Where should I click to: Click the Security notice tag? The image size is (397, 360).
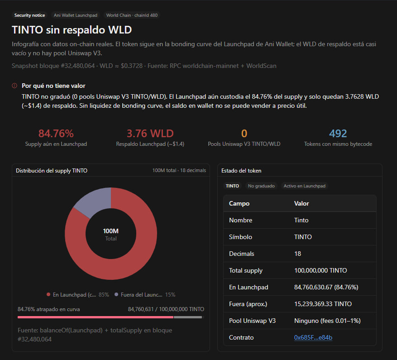(x=29, y=15)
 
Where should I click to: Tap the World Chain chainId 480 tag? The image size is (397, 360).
(x=132, y=15)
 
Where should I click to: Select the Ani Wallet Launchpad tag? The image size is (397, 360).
(x=76, y=15)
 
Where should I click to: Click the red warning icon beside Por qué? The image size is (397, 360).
(x=14, y=86)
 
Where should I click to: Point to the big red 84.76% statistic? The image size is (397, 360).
(x=56, y=134)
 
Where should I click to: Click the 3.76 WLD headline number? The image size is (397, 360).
(x=150, y=134)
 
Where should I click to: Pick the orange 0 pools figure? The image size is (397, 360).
(x=244, y=134)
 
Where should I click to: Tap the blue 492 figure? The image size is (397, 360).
(x=338, y=134)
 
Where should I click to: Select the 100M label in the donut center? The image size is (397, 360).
(x=110, y=231)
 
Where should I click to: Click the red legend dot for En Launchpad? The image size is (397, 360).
(x=48, y=294)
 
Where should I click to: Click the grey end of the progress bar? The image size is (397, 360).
(x=187, y=317)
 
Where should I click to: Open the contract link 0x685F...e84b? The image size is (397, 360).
(x=313, y=337)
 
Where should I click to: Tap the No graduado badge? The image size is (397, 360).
(x=261, y=186)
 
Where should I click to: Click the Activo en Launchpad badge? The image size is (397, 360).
(x=304, y=186)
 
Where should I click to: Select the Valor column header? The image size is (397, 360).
(x=301, y=203)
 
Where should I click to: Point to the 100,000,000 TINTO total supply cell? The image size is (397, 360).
(x=320, y=270)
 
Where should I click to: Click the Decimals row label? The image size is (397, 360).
(x=242, y=254)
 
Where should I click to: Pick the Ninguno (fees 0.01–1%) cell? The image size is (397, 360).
(x=327, y=321)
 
